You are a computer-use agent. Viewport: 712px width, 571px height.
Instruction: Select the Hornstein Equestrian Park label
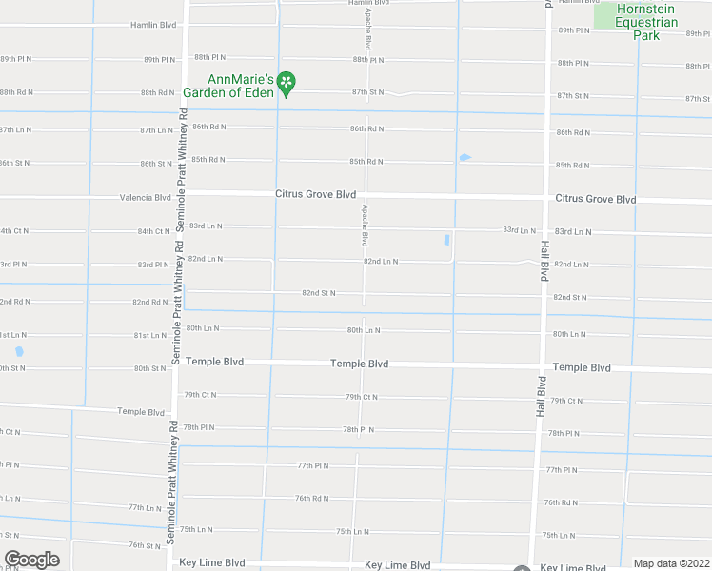click(x=647, y=22)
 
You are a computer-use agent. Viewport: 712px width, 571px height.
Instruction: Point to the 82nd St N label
click(x=319, y=293)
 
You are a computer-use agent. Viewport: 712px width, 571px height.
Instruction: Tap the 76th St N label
click(x=146, y=545)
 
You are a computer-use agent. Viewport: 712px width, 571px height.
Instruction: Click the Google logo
click(x=31, y=560)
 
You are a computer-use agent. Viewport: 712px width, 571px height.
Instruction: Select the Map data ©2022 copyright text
click(x=671, y=563)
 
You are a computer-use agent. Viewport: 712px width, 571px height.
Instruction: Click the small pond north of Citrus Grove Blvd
click(x=465, y=158)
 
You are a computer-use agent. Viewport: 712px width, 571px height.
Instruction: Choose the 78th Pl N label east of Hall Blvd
click(x=564, y=433)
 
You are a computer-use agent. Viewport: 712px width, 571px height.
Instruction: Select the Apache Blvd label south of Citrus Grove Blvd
click(x=365, y=225)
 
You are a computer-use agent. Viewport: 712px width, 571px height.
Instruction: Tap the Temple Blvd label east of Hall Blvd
click(x=582, y=367)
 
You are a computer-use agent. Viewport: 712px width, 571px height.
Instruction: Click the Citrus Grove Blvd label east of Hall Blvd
click(x=595, y=200)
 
